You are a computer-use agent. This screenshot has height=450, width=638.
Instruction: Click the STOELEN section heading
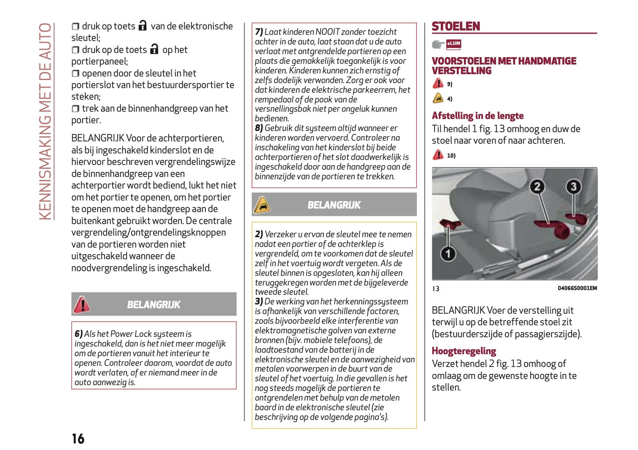(456, 27)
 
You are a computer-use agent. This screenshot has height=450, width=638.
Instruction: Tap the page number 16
(78, 439)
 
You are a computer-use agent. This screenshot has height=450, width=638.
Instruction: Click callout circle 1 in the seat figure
(448, 254)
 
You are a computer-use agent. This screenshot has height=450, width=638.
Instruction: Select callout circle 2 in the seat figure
(537, 187)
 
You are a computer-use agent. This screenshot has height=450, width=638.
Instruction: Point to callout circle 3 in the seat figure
(573, 187)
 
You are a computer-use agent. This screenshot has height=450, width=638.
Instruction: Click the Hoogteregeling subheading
(464, 351)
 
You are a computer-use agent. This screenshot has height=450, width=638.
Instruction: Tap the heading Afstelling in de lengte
(477, 116)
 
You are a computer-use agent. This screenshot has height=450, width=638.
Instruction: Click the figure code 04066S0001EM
(577, 288)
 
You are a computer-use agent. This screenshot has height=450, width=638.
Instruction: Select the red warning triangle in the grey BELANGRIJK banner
(82, 305)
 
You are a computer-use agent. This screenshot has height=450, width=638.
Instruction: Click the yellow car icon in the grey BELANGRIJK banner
(262, 205)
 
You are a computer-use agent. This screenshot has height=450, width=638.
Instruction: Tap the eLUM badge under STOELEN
(453, 44)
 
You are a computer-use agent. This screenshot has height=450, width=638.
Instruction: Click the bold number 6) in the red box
(79, 334)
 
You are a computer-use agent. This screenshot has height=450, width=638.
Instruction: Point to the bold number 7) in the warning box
(259, 32)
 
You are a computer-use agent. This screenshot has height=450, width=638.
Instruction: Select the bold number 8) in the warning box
(259, 128)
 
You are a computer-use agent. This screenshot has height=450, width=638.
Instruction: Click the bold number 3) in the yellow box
(259, 301)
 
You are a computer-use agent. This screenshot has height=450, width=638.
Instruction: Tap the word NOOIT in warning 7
(327, 32)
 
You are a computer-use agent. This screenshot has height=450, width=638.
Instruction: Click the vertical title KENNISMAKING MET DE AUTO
(45, 122)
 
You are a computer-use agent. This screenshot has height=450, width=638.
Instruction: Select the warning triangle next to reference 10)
(438, 155)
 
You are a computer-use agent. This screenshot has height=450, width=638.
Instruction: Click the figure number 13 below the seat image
(436, 289)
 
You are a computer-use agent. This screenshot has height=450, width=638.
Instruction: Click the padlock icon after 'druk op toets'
(143, 26)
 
